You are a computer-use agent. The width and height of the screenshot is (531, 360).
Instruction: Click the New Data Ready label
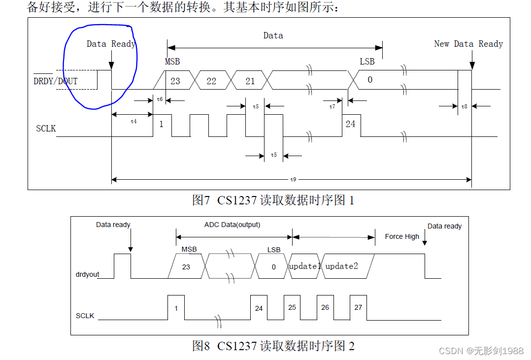(x=468, y=44)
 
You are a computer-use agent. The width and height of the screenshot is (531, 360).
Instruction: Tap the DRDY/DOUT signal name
(x=56, y=81)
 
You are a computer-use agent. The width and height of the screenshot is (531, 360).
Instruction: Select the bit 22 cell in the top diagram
(x=211, y=81)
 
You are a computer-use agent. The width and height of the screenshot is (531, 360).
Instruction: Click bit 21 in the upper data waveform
(x=250, y=81)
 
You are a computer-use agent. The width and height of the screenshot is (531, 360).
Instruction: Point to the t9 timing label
(x=293, y=179)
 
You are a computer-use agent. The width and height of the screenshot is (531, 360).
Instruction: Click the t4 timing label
(x=133, y=121)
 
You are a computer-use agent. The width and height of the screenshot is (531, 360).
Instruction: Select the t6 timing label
(x=160, y=99)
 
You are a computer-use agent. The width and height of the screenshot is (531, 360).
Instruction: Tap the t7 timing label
(x=332, y=106)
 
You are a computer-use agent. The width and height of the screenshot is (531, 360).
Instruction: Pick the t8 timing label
(x=465, y=106)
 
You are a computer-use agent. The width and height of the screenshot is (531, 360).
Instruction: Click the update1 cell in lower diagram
(x=304, y=266)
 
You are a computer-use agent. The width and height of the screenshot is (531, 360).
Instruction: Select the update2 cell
(x=342, y=266)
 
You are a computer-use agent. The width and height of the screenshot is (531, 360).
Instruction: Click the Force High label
(x=402, y=236)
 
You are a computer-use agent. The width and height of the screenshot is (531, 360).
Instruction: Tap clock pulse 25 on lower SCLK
(x=292, y=307)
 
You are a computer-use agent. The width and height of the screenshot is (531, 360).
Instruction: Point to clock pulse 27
(x=358, y=307)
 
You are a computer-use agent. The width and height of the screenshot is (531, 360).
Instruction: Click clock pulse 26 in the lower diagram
(x=325, y=307)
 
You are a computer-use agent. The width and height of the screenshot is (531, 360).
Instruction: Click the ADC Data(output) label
(x=232, y=225)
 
